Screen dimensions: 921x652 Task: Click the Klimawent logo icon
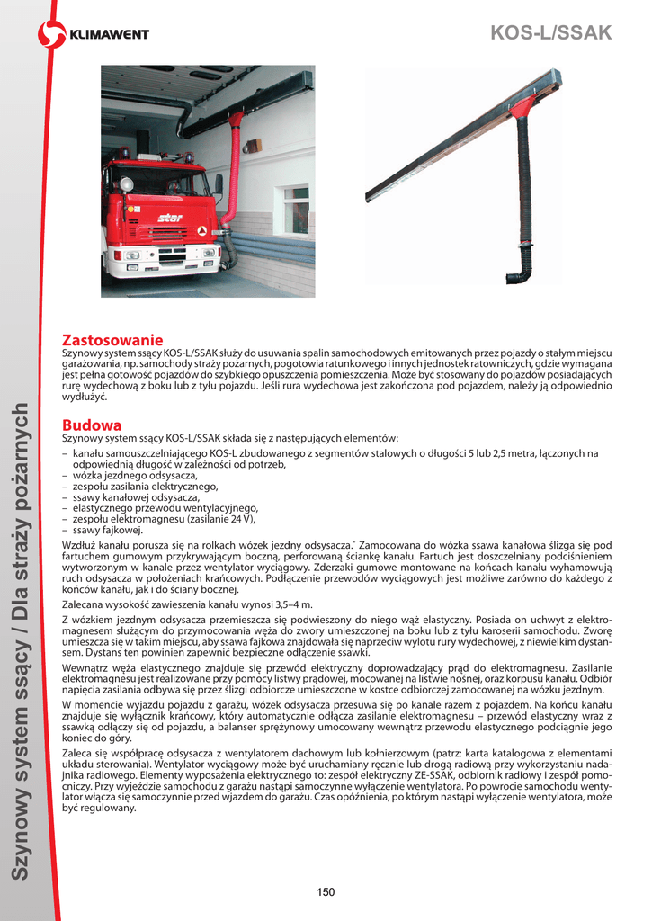point(51,35)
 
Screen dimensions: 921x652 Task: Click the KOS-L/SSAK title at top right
point(550,33)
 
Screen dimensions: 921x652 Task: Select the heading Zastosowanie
point(112,340)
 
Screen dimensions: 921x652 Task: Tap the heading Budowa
point(92,425)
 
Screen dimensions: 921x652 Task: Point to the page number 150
point(326,891)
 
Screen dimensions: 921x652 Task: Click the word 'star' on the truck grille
point(170,218)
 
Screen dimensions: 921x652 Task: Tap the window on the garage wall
point(296,210)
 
